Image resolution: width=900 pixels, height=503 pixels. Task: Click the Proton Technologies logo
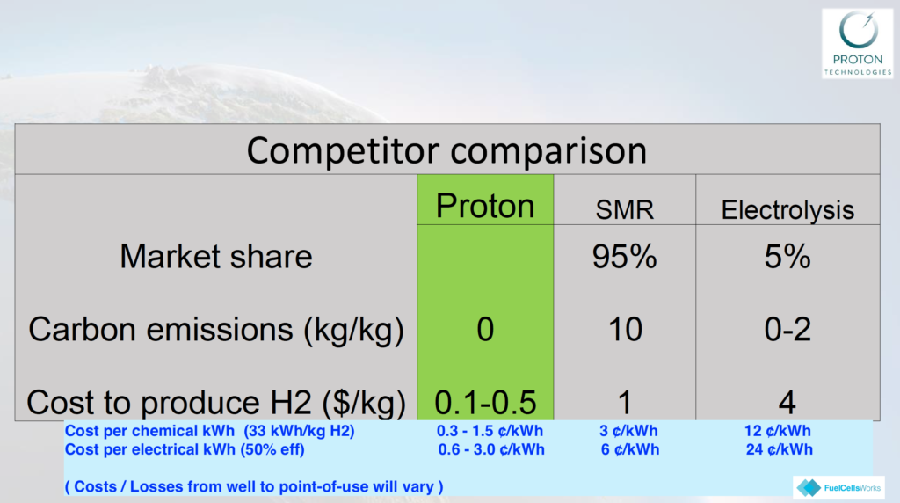click(858, 44)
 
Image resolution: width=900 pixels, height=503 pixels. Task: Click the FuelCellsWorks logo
click(839, 487)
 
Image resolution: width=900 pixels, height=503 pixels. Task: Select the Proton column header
click(485, 206)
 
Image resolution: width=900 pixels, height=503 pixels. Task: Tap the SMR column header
click(625, 209)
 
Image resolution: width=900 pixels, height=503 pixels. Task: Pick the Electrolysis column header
click(787, 210)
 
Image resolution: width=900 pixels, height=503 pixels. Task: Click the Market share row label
click(216, 256)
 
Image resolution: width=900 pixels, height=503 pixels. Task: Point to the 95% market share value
click(625, 256)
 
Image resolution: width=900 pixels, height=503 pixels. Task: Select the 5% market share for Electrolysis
click(787, 256)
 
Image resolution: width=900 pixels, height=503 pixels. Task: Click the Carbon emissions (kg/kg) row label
click(216, 330)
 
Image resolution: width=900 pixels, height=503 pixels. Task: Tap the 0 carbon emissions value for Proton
click(485, 330)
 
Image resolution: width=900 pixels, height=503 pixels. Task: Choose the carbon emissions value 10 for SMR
click(625, 330)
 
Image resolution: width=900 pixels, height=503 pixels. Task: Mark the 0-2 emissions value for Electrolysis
click(787, 330)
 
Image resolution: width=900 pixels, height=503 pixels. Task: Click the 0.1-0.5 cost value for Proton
click(485, 403)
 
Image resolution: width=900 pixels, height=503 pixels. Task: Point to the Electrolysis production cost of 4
click(787, 403)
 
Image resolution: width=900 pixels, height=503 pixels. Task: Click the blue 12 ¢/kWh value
click(778, 431)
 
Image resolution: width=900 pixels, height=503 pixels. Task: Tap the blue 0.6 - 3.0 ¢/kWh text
click(491, 449)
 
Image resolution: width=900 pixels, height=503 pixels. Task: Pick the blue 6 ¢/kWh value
click(629, 449)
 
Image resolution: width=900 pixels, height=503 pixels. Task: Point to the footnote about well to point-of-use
click(254, 487)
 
